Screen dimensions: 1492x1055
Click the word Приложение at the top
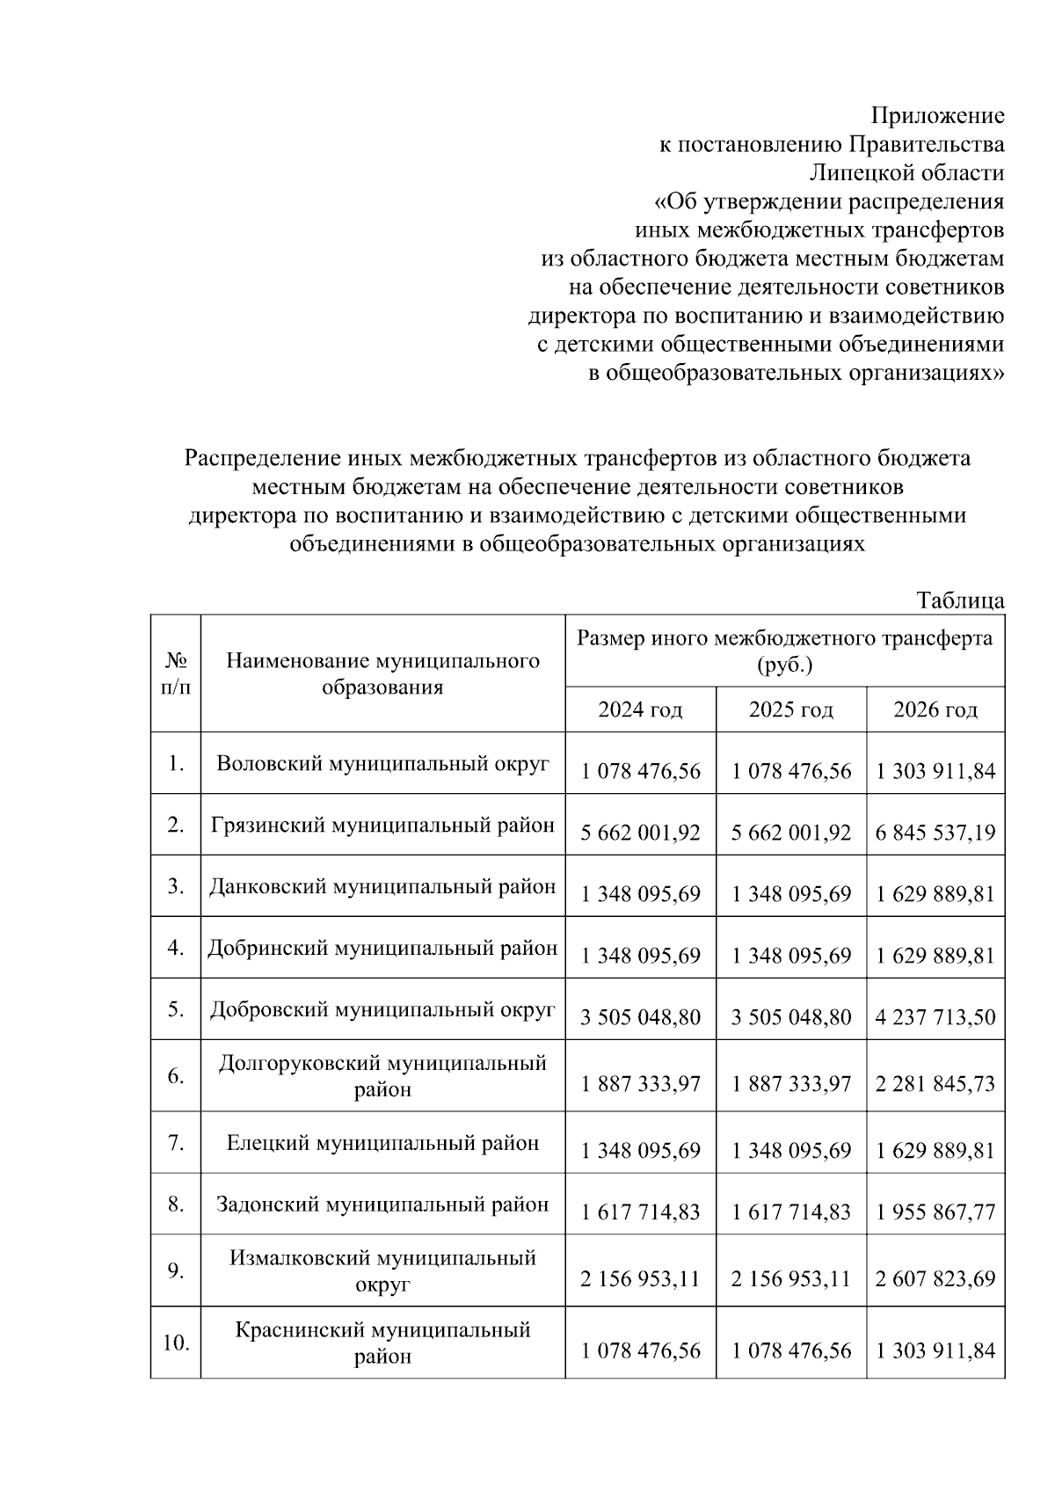coord(937,115)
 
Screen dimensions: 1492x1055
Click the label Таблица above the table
coord(960,601)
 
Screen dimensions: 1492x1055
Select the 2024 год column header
coord(640,710)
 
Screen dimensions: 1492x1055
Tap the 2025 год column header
coord(790,710)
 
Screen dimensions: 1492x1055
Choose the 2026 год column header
coord(935,710)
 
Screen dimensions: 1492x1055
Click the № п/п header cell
coord(176,673)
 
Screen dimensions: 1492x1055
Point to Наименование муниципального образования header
coord(382,673)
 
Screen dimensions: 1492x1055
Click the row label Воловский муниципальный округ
coord(382,763)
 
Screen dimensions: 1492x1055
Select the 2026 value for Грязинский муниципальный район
coord(935,832)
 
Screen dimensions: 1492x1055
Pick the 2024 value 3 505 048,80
coord(640,1017)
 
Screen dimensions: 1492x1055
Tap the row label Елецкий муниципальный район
coord(382,1143)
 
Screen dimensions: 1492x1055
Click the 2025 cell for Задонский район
coord(790,1212)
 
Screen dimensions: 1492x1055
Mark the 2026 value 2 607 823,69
coord(935,1278)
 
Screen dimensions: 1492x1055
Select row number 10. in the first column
coord(176,1343)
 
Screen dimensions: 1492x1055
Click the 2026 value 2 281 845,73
coord(935,1083)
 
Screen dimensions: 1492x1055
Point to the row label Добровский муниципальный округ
coord(382,1009)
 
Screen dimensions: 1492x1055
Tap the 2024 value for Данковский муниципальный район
coord(640,894)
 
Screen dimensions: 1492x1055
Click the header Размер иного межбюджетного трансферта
coord(784,638)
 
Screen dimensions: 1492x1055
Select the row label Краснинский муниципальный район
coord(382,1343)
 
